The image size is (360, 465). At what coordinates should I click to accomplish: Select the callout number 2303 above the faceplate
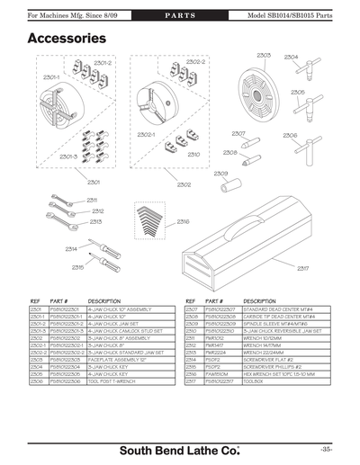click(264, 56)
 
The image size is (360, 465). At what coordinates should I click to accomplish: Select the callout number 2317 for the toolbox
click(303, 267)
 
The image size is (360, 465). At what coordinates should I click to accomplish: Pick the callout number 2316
click(183, 221)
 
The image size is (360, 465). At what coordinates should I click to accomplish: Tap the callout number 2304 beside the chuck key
click(291, 57)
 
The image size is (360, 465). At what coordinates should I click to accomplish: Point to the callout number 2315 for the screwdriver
click(78, 267)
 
